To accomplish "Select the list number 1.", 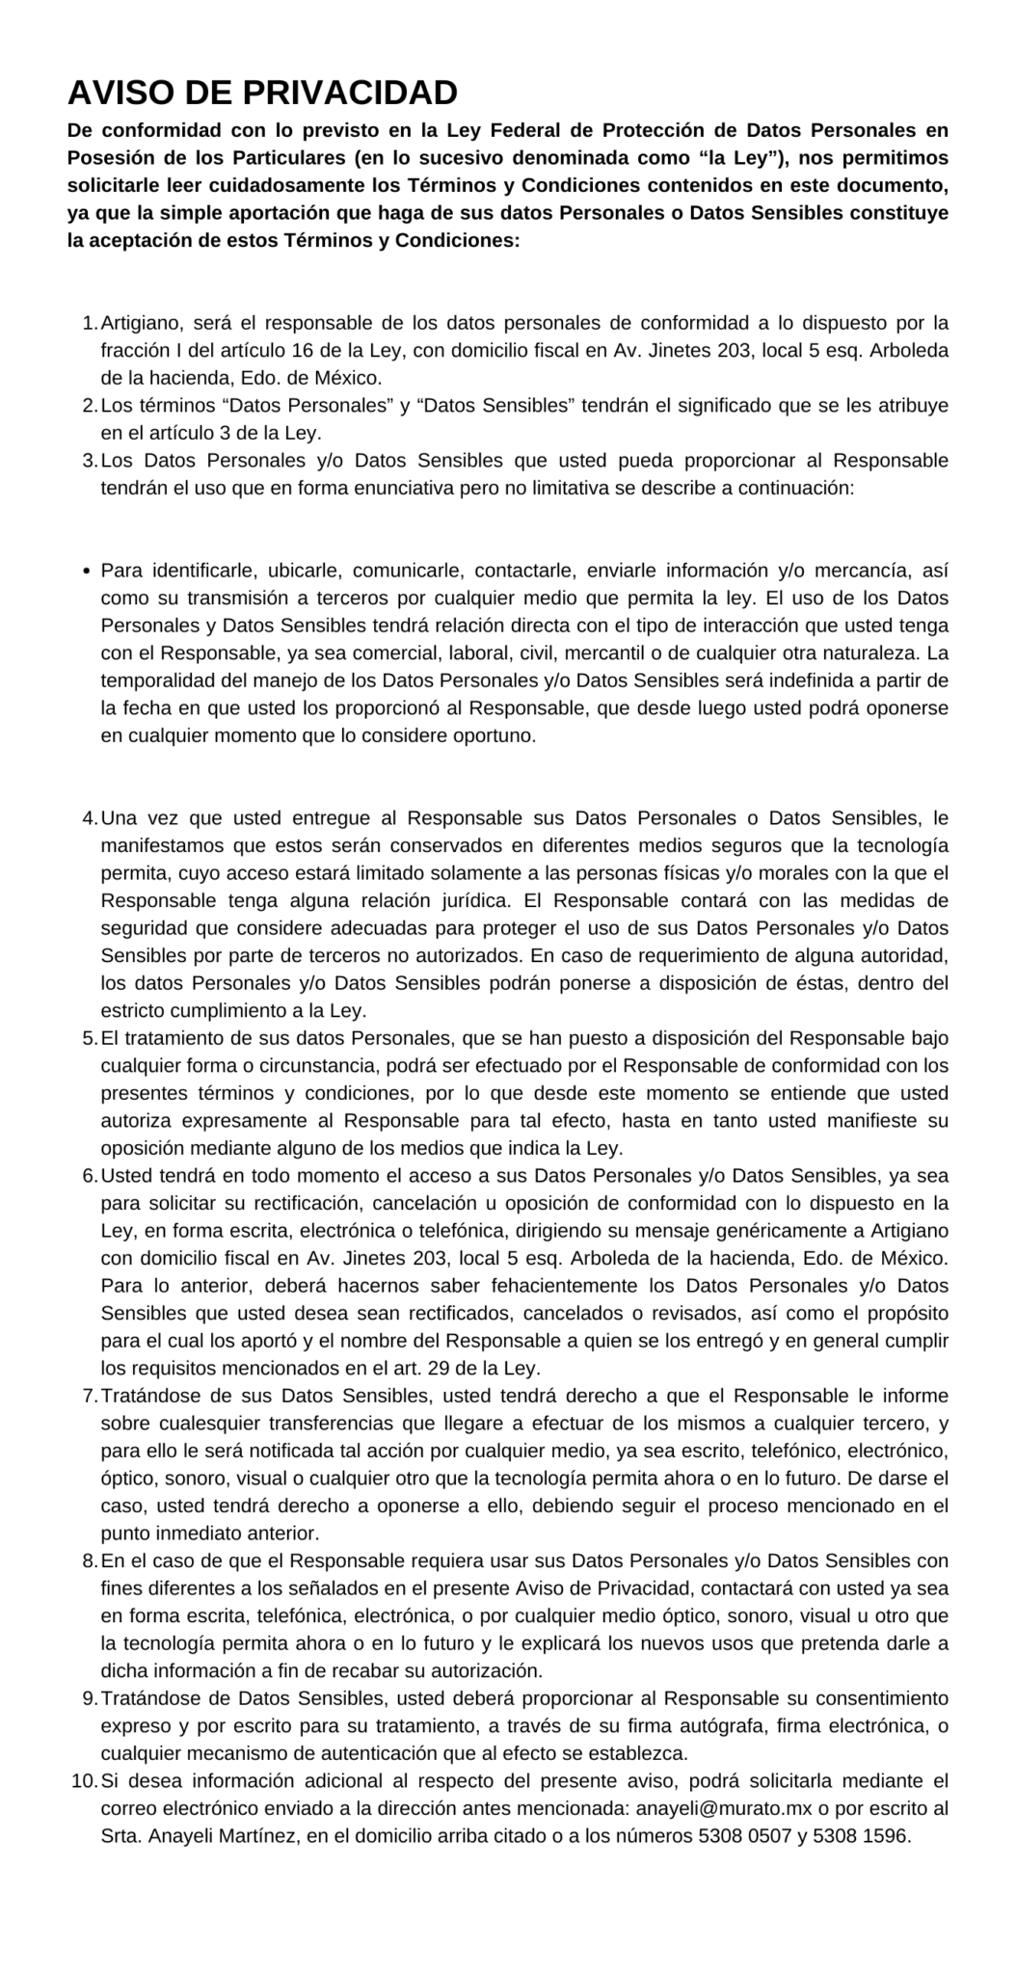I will pyautogui.click(x=88, y=322).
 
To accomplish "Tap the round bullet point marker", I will pyautogui.click(x=88, y=571).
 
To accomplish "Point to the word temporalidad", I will pyautogui.click(x=158, y=680).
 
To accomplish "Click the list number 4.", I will pyautogui.click(x=88, y=818).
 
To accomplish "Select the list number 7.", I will pyautogui.click(x=88, y=1396).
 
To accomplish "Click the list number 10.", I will pyautogui.click(x=83, y=1780).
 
